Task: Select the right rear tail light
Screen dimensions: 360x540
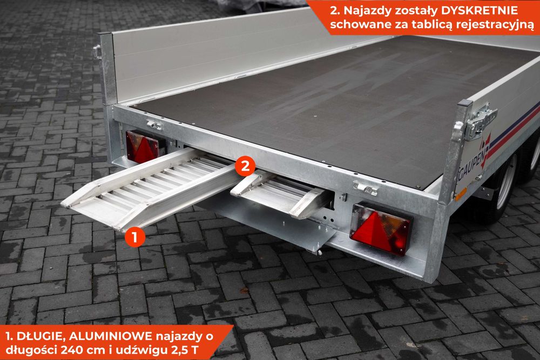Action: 381,228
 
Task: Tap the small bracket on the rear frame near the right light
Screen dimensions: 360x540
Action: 365,188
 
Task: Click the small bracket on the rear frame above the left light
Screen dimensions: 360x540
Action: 154,125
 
